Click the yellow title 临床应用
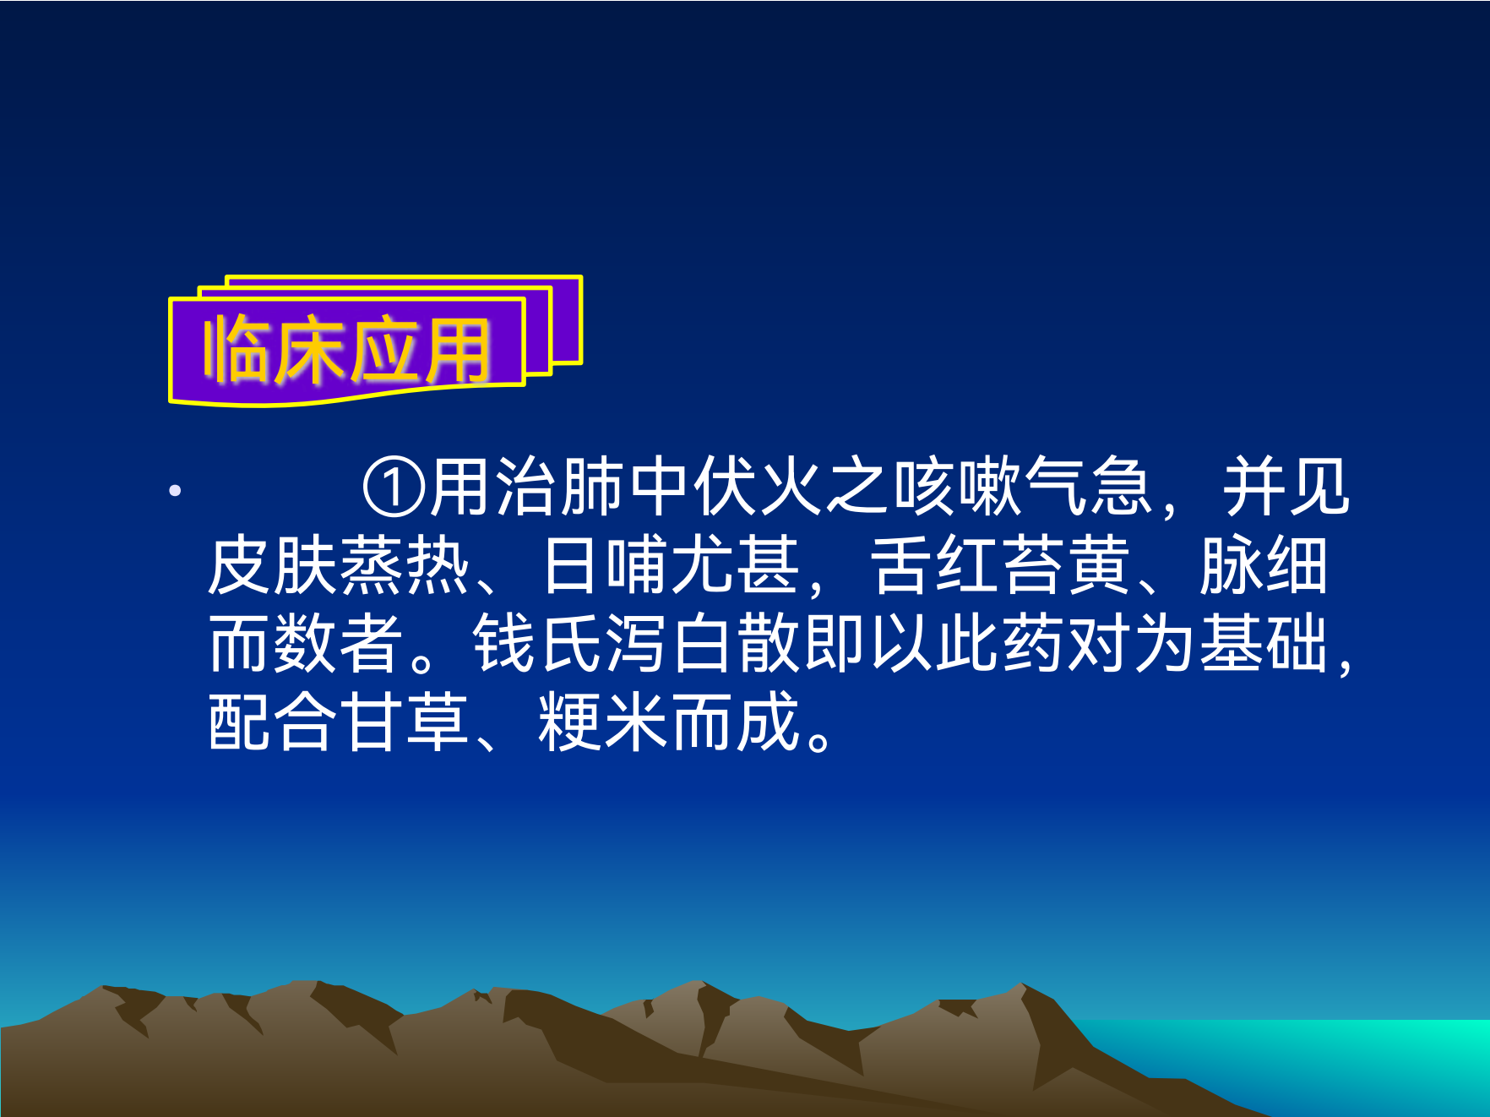point(346,350)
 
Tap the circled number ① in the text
point(394,488)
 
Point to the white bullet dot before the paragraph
point(175,490)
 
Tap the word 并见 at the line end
point(1286,488)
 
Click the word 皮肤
point(272,566)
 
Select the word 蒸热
point(404,566)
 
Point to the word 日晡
point(605,566)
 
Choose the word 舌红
point(934,566)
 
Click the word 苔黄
point(1066,566)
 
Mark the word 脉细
point(1264,566)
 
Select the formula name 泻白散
point(703,644)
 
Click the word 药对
point(1066,644)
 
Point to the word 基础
point(1264,644)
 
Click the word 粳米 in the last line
point(603,722)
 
